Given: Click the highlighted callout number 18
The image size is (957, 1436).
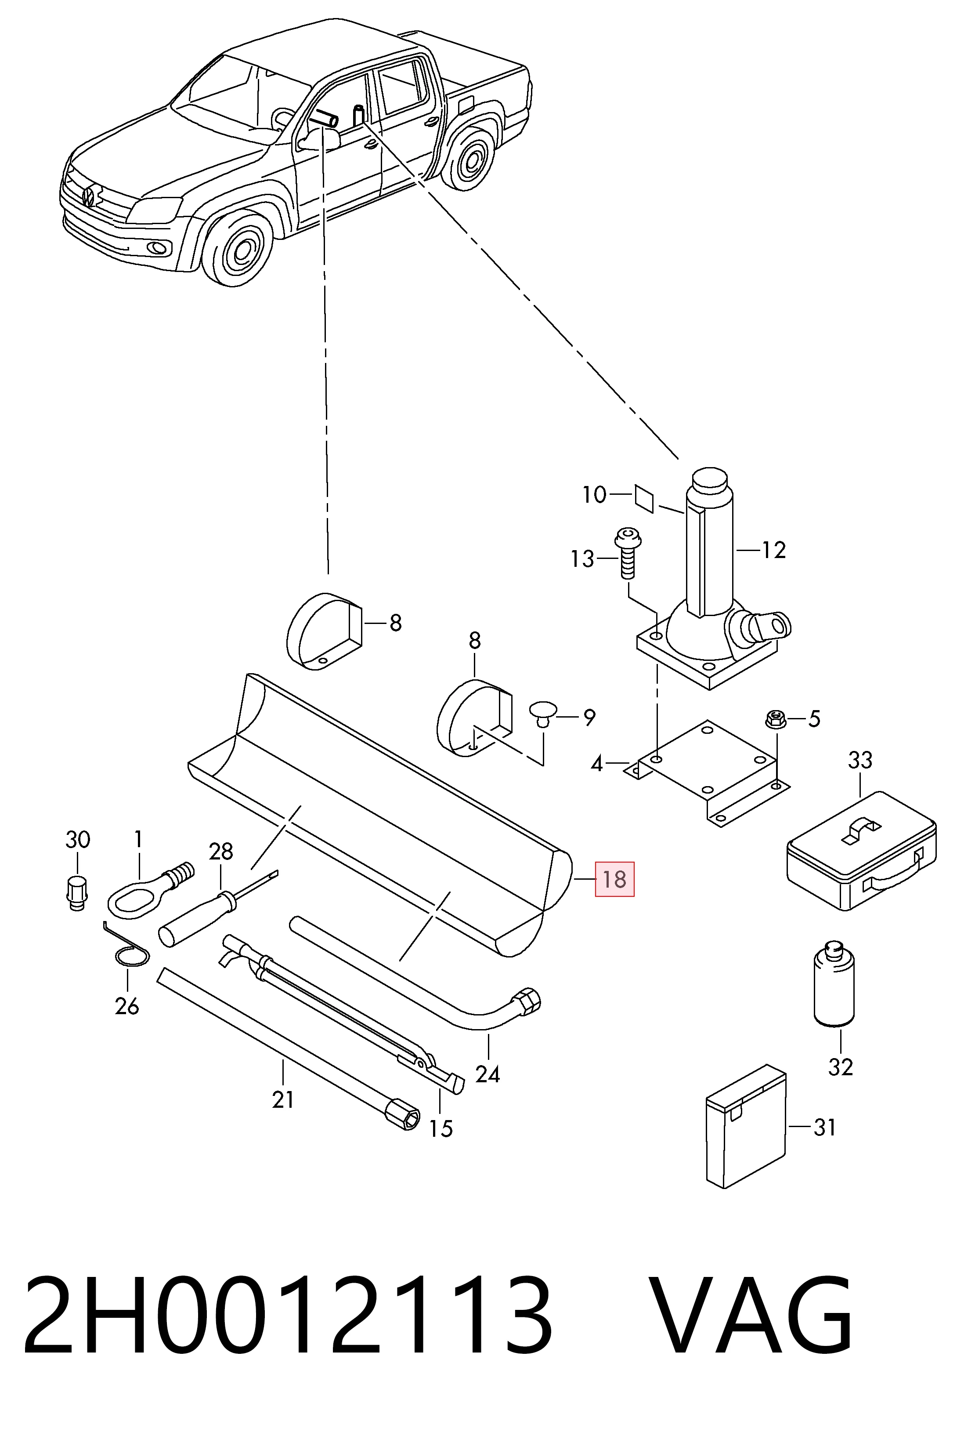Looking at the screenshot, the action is pyautogui.click(x=614, y=879).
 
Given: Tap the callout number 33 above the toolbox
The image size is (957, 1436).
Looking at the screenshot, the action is pyautogui.click(x=860, y=761).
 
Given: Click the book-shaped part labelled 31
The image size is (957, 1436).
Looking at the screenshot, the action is pyautogui.click(x=745, y=1127).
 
